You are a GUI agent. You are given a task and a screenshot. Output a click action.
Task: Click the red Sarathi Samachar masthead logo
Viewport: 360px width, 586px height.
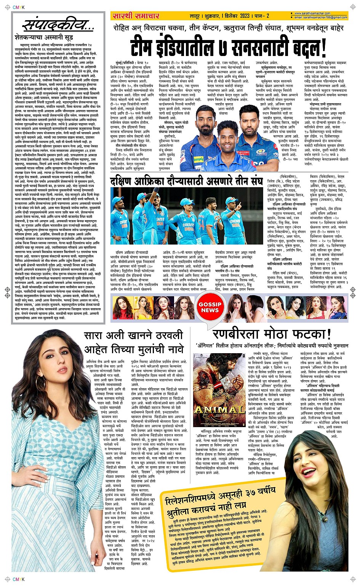(x=135, y=16)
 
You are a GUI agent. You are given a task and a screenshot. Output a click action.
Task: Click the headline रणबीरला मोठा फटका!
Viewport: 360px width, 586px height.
(x=272, y=335)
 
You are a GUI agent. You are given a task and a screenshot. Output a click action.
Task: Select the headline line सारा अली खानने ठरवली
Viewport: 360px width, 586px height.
(x=133, y=336)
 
